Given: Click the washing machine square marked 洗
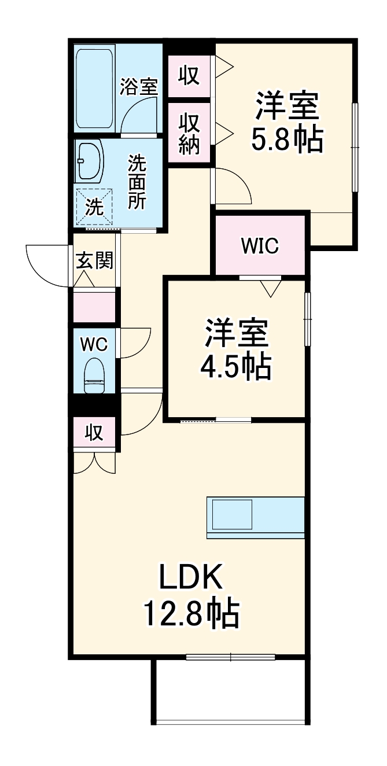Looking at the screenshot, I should click(94, 205).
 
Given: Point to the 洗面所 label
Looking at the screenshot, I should click(137, 183).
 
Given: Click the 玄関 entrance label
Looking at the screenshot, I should click(94, 261).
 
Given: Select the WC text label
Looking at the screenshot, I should click(94, 344).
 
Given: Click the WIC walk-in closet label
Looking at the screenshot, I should click(260, 246).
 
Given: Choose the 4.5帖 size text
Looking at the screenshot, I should click(235, 366).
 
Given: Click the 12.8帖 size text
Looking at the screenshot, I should click(191, 614).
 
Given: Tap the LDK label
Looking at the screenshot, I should click(191, 577).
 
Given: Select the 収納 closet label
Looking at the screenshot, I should click(189, 134).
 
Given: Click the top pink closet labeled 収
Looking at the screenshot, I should click(189, 76).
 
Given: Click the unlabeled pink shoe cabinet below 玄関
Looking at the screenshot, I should click(94, 307).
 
